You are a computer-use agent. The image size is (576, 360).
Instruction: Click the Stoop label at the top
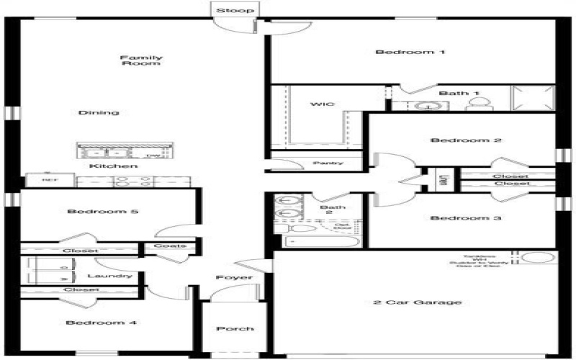point(235,11)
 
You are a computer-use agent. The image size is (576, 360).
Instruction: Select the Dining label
point(99,113)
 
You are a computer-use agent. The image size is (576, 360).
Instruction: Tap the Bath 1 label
point(459,93)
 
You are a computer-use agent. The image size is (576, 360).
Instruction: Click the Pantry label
point(328,163)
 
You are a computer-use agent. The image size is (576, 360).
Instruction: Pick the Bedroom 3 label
point(456,218)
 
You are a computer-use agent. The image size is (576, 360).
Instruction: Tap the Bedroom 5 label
point(92,212)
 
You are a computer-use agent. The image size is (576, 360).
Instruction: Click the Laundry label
point(109,276)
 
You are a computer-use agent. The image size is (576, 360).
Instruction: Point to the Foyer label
point(234,277)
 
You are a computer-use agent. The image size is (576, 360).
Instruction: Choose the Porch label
point(235,329)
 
